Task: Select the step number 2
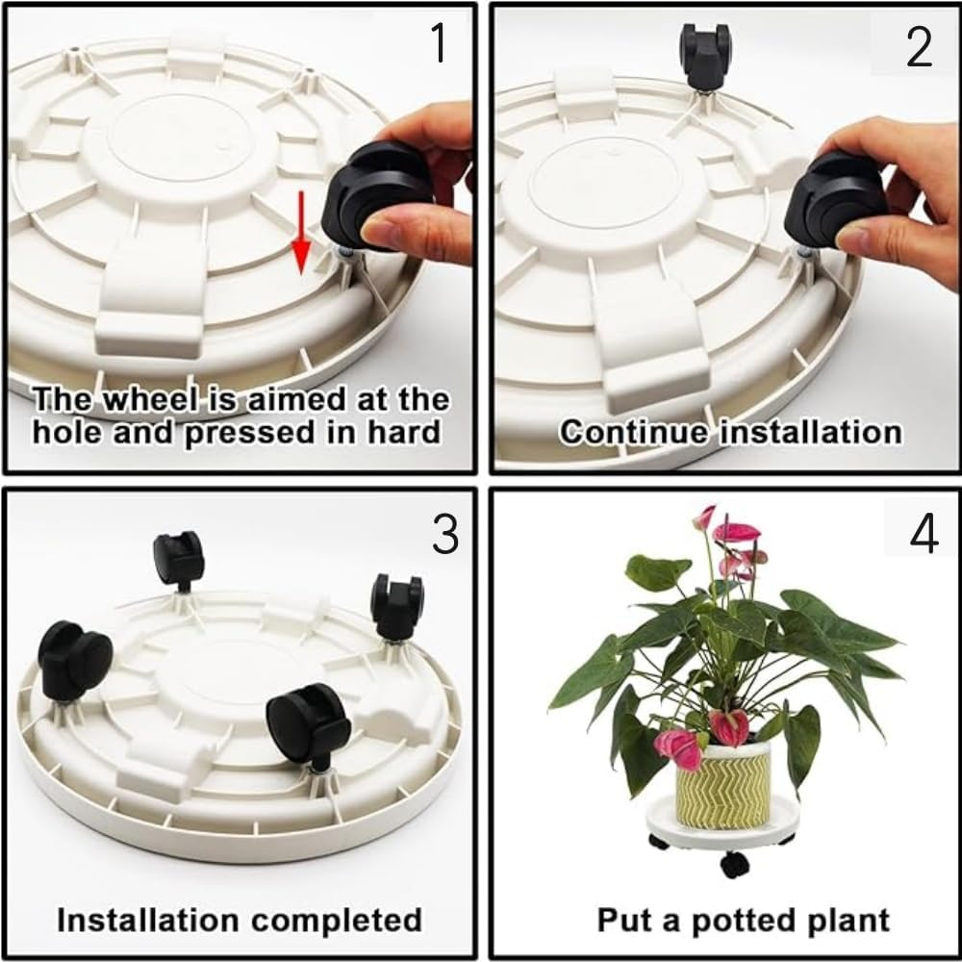[919, 45]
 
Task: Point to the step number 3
[444, 535]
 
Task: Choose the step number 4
[923, 535]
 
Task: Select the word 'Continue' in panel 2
[636, 432]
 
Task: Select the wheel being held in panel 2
[832, 202]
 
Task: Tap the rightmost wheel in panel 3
[398, 603]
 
